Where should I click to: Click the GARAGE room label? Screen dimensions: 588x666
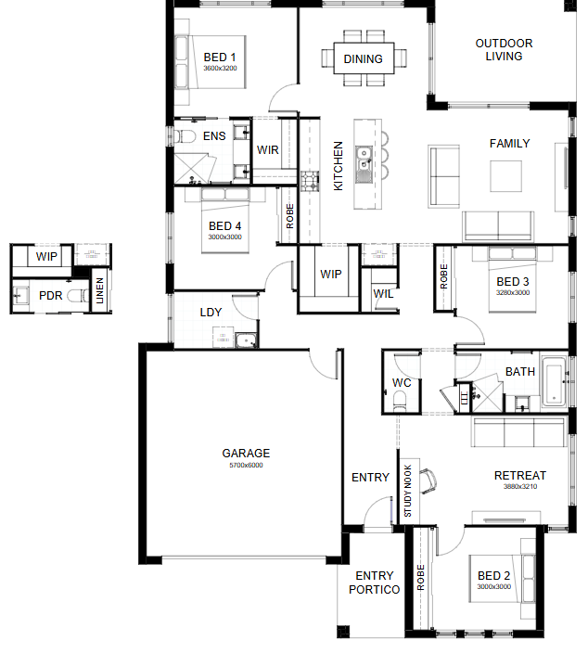point(246,454)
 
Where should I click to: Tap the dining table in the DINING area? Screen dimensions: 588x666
point(364,58)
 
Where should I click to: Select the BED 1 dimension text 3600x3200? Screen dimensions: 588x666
point(220,68)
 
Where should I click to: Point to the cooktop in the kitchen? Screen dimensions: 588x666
point(310,181)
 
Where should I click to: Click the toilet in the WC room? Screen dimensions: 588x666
point(400,401)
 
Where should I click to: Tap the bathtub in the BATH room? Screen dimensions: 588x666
point(554,380)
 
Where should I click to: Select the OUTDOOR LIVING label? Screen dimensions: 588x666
point(504,50)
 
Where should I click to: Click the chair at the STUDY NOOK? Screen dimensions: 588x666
point(428,481)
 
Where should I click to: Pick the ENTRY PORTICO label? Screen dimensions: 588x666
point(374,583)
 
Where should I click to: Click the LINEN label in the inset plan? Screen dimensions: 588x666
point(100,290)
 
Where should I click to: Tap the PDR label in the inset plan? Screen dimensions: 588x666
point(50,296)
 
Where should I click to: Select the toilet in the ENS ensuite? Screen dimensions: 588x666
point(185,136)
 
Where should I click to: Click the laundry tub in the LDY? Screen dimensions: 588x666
point(246,340)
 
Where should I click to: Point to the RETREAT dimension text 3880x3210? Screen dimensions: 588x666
point(520,486)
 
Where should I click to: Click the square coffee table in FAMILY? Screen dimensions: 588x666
point(505,176)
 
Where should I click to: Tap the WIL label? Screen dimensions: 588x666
point(383,293)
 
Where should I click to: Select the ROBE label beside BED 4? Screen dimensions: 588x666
point(290,216)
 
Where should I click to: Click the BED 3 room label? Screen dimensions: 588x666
point(513,282)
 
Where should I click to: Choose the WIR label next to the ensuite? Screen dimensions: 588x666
point(267,150)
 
